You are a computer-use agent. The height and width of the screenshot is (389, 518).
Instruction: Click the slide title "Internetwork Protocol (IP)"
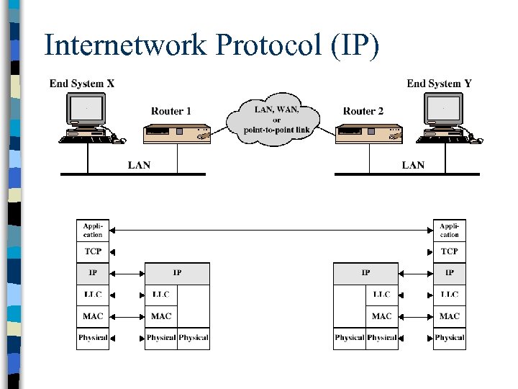click(x=211, y=45)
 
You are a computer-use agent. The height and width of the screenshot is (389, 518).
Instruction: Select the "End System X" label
click(x=82, y=84)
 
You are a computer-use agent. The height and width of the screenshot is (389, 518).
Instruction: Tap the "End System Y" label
click(x=439, y=84)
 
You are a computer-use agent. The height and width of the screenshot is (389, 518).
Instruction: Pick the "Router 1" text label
click(x=171, y=111)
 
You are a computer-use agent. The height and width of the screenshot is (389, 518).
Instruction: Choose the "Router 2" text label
click(x=363, y=111)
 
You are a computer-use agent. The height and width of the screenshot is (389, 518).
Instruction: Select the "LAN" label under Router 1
click(x=139, y=165)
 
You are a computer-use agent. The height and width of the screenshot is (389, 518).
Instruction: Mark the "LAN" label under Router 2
click(x=413, y=165)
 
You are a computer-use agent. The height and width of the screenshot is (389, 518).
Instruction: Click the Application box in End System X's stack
click(x=93, y=231)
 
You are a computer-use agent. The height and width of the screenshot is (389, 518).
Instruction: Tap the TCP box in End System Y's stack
click(x=449, y=251)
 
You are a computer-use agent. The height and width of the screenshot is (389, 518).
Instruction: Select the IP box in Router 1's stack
click(x=177, y=273)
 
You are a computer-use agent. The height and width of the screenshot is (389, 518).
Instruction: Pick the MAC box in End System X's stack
click(x=93, y=316)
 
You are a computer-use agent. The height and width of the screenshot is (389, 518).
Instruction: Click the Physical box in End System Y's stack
click(x=449, y=337)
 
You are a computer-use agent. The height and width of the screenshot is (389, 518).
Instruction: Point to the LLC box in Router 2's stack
click(x=381, y=295)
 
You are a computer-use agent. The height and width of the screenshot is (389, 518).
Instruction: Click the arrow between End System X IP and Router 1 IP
click(x=127, y=273)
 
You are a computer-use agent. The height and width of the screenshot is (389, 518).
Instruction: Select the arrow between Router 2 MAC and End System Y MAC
click(x=415, y=316)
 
